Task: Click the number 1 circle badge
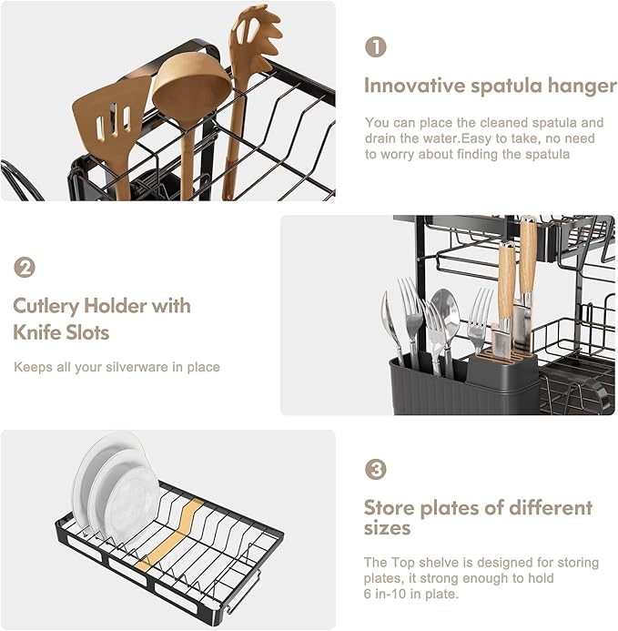coord(376,47)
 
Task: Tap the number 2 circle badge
coord(25,268)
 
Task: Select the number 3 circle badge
coord(376,470)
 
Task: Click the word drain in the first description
coord(382,138)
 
